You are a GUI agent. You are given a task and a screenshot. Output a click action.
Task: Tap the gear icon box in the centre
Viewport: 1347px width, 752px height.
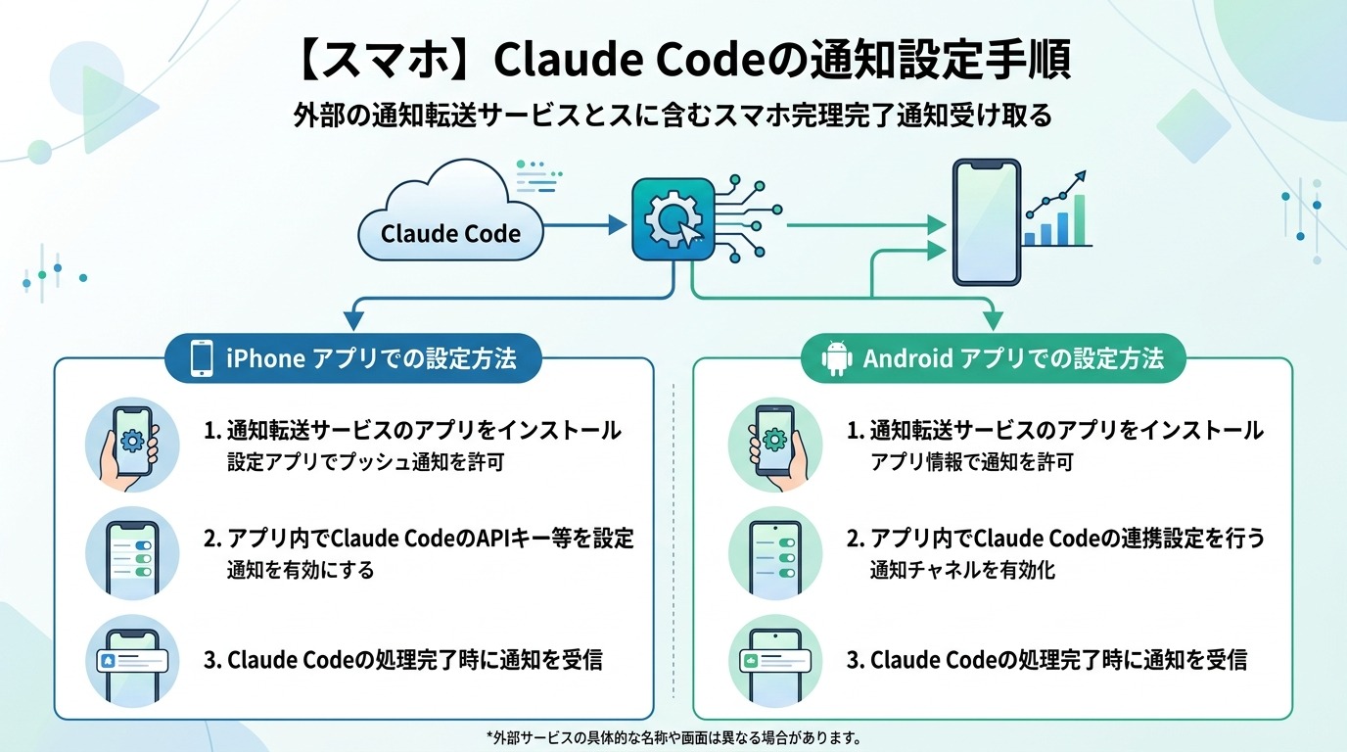[673, 219]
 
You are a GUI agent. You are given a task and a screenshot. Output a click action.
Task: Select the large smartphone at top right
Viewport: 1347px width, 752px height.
[987, 222]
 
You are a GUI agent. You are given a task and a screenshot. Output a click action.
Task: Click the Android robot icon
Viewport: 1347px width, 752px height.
[837, 358]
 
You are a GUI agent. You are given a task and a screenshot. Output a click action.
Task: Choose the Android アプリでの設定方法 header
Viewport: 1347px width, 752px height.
[994, 358]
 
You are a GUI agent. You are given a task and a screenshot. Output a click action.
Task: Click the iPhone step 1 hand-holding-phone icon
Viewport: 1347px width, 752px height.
[132, 445]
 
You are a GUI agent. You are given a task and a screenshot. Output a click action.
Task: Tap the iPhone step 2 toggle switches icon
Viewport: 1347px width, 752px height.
[132, 553]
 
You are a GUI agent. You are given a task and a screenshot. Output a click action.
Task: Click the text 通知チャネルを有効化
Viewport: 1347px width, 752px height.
[962, 570]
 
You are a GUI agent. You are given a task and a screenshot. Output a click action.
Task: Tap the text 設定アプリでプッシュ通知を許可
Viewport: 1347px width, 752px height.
[365, 462]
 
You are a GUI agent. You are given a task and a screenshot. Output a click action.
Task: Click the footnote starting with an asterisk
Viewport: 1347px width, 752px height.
[673, 737]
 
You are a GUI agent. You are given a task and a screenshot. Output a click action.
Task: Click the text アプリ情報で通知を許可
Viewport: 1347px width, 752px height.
[957, 462]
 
